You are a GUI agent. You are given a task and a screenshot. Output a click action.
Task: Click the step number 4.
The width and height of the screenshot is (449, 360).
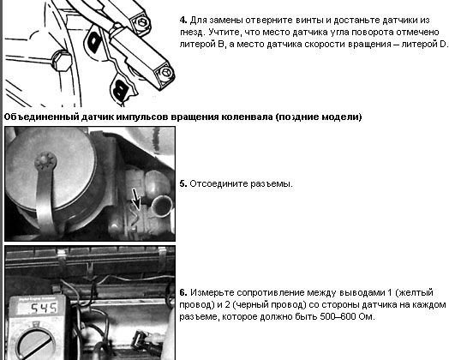point(183,21)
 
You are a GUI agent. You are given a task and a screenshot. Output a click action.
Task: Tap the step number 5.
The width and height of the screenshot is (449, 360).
point(183,184)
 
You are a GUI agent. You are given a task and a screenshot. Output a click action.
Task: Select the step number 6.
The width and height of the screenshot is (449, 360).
point(183,292)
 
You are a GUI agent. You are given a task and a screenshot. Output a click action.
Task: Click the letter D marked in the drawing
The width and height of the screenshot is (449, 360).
point(94,41)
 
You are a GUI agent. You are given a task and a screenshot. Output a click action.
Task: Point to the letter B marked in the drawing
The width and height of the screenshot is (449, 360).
point(121,88)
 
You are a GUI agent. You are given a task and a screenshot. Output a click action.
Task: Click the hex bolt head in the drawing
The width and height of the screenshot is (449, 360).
point(61,61)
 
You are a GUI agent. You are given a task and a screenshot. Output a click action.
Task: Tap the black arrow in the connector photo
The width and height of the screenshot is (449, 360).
point(135,199)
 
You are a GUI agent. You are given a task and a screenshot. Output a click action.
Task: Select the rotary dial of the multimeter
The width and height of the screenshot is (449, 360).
point(36,344)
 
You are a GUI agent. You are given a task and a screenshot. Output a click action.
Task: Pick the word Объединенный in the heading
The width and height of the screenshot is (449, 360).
point(42,117)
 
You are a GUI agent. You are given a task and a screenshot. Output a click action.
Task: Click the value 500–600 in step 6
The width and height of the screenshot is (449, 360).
point(338,317)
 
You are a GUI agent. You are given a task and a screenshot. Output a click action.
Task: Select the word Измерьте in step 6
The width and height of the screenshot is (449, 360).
point(213,293)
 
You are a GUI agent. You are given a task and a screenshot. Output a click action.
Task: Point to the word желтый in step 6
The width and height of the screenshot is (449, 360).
point(416,293)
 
